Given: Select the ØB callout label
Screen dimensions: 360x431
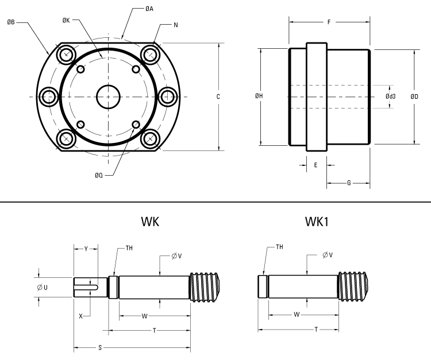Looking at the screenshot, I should [x=11, y=22].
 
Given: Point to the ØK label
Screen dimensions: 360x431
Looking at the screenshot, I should [x=66, y=21].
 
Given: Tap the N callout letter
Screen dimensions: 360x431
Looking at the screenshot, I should [x=175, y=25].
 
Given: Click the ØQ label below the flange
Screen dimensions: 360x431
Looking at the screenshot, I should [x=99, y=176].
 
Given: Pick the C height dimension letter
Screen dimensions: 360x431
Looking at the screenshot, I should [x=218, y=96].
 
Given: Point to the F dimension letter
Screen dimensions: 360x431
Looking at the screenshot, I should [x=329, y=22].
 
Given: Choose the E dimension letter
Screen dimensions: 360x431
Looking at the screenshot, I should [x=315, y=165].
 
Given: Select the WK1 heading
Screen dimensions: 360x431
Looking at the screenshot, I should [x=317, y=221].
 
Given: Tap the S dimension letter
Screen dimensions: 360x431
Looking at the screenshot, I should [x=101, y=348].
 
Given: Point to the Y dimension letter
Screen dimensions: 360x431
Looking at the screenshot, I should [x=86, y=249].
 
